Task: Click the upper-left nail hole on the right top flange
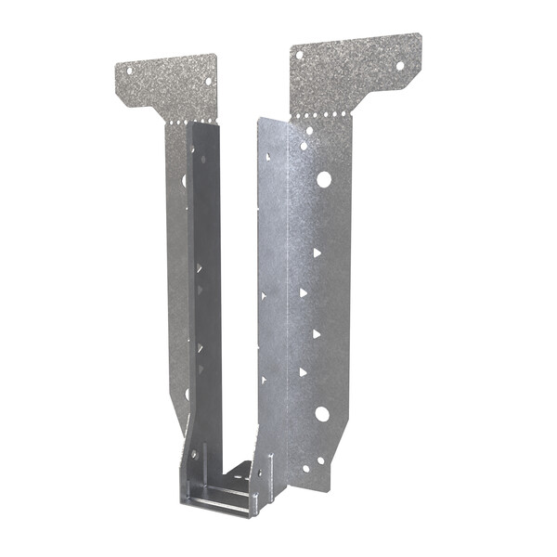299,55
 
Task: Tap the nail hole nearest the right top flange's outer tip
401,65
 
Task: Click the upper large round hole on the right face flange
324,179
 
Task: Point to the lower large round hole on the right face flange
321,414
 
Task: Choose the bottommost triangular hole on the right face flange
303,372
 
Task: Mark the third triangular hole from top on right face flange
316,332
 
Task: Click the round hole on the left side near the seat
194,455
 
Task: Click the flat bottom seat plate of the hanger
223,493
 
